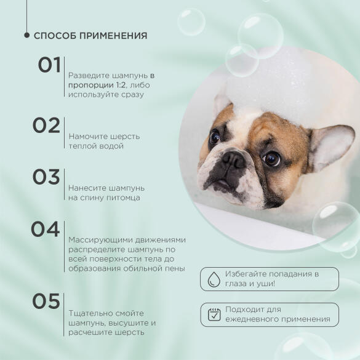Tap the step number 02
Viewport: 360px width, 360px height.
[46, 125]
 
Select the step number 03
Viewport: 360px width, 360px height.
[46, 177]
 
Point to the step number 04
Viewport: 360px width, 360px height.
[46, 229]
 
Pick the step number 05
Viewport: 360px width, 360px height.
[46, 301]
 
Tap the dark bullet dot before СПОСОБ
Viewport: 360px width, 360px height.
[26, 35]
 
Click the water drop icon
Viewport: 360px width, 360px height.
[214, 279]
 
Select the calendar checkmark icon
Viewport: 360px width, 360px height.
[214, 314]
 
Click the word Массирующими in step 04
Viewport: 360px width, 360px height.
[97, 239]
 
